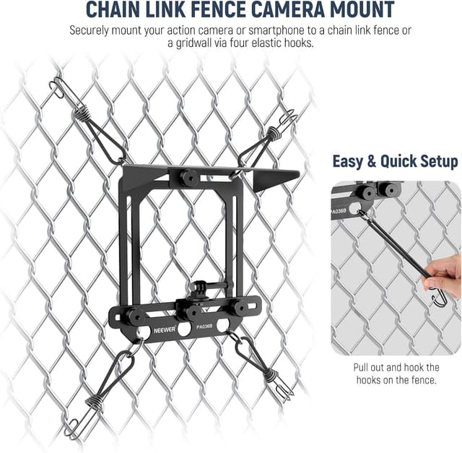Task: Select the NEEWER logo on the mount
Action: pyautogui.click(x=165, y=329)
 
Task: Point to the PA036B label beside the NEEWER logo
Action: pyautogui.click(x=204, y=327)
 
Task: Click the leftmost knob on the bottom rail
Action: pyautogui.click(x=136, y=316)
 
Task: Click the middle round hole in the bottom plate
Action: pyautogui.click(x=184, y=329)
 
